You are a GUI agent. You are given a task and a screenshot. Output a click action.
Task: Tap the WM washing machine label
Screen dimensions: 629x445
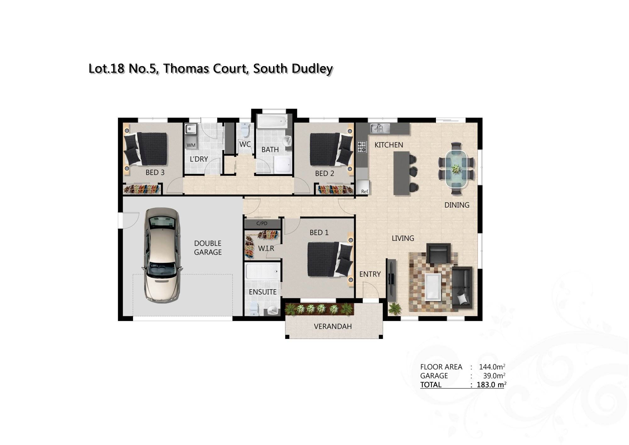coord(191,145)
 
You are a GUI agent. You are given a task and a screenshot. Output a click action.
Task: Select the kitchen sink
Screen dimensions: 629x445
coord(380,128)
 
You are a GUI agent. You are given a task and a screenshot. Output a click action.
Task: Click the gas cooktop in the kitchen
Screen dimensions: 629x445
coord(362,147)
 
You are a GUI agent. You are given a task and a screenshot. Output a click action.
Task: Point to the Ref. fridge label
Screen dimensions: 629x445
coord(365,191)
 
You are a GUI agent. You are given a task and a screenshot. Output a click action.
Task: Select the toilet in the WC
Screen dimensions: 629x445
coord(244,130)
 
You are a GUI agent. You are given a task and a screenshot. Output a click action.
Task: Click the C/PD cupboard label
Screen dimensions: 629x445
coord(262,223)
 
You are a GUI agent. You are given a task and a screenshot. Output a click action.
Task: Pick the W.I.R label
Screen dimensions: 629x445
coord(266,249)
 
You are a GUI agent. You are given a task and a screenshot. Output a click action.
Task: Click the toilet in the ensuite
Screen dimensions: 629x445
coord(253,309)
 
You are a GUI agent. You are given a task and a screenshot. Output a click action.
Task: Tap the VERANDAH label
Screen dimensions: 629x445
coord(333,326)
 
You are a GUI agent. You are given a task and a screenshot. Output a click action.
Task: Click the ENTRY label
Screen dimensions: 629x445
coord(370,274)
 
